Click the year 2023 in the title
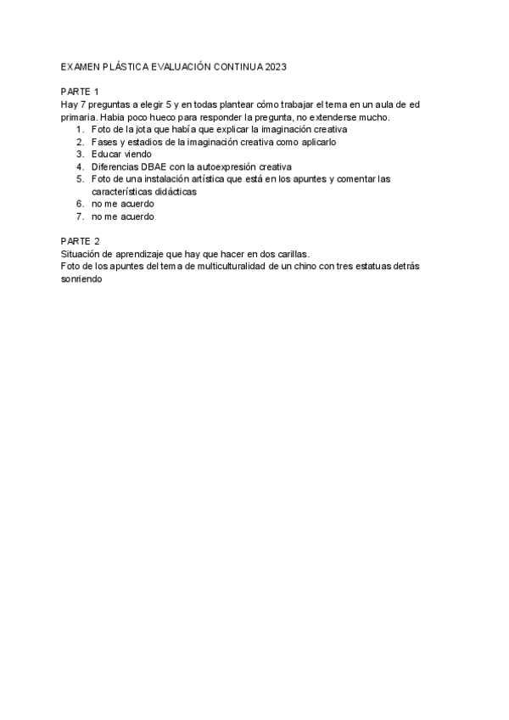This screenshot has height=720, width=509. [277, 65]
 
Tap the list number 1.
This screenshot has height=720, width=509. [80, 129]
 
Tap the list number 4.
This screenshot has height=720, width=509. [80, 166]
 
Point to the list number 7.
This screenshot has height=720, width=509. [80, 217]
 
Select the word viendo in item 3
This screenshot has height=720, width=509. [137, 154]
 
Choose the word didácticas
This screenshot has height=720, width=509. [171, 192]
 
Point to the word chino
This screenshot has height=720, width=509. [305, 267]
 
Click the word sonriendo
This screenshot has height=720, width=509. [82, 278]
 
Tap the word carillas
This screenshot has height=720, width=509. [291, 254]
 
